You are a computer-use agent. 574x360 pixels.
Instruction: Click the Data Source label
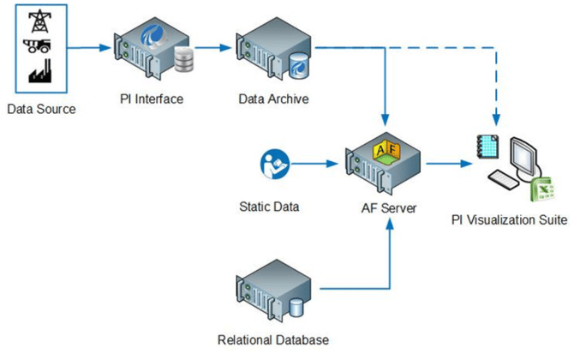point(41,109)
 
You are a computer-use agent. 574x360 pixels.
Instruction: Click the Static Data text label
point(268,207)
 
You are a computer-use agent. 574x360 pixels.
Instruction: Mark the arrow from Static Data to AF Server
point(316,162)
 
